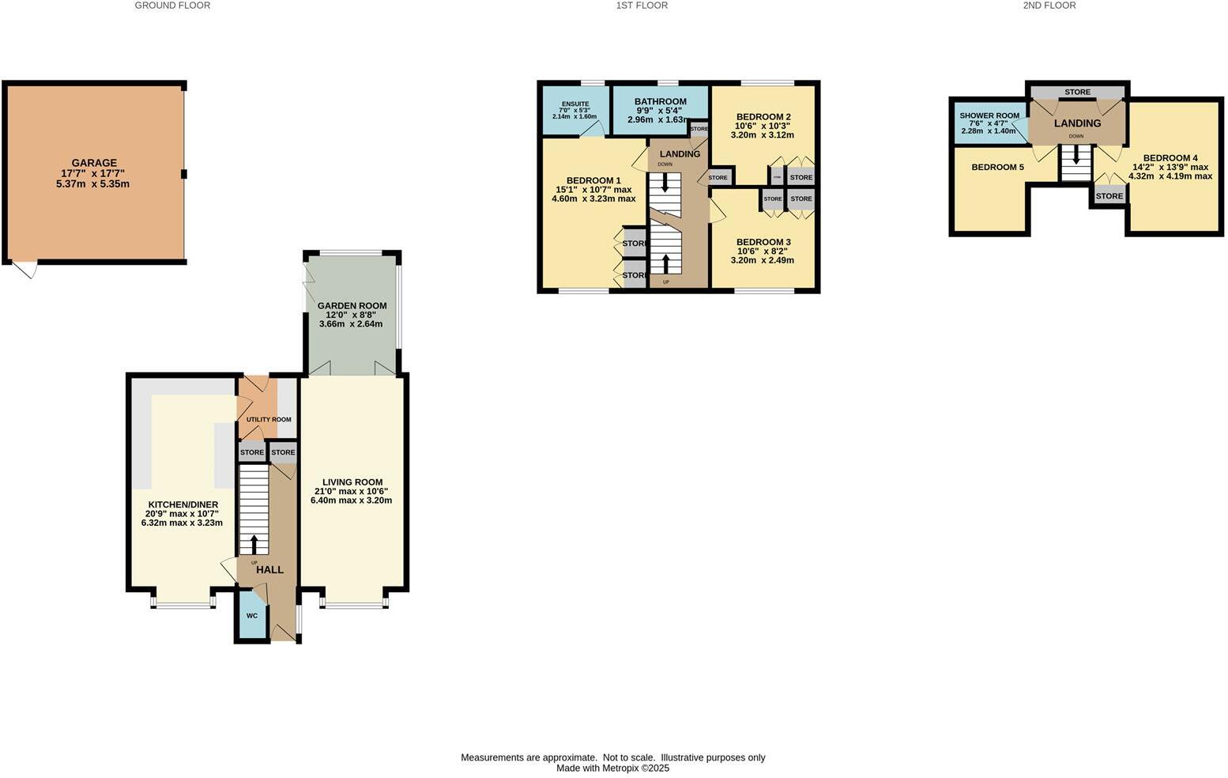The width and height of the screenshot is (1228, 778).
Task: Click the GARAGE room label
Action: pos(94,163)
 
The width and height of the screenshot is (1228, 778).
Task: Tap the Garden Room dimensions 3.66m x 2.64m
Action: pos(351,324)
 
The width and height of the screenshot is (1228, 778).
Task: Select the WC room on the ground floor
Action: pos(252,615)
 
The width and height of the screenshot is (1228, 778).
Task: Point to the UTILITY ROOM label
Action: pos(269,420)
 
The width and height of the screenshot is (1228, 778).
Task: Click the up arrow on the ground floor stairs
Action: pos(254,545)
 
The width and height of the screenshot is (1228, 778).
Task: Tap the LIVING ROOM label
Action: pos(352,482)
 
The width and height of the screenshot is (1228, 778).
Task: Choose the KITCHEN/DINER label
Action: pos(183,504)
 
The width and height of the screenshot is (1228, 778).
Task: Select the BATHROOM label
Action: pos(661,101)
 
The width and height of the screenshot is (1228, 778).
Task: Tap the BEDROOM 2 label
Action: pos(763,117)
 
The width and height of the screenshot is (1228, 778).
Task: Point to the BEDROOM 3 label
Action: pos(763,242)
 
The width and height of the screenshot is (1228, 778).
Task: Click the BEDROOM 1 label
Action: pos(593,180)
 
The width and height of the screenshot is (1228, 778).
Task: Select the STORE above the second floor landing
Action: pos(1077,93)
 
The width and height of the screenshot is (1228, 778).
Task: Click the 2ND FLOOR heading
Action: pos(1049,6)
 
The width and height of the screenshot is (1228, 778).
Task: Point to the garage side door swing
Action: pos(26,270)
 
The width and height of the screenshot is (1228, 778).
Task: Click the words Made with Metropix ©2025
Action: pos(612,768)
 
